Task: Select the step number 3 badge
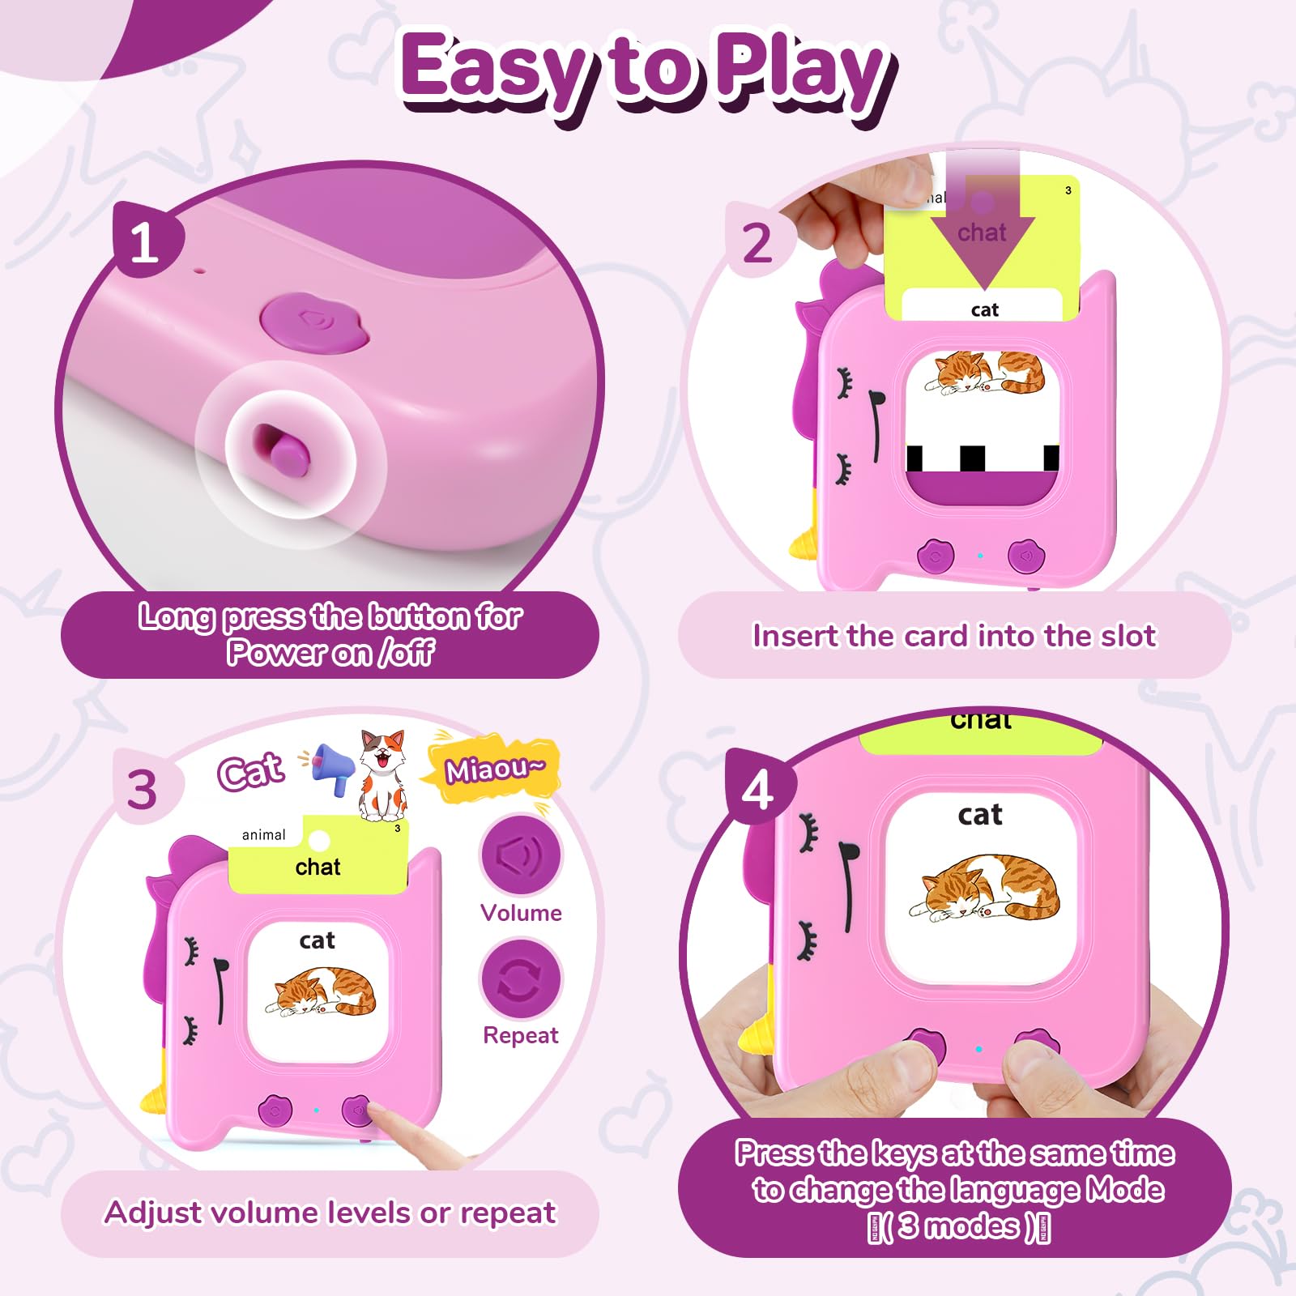(x=144, y=787)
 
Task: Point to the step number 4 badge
(x=759, y=788)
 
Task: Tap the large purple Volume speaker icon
(x=521, y=855)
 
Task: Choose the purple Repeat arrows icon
(x=521, y=978)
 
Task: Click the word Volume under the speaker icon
(x=521, y=913)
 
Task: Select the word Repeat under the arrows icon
(x=521, y=1035)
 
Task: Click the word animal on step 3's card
(x=264, y=835)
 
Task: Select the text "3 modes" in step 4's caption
(x=959, y=1226)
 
